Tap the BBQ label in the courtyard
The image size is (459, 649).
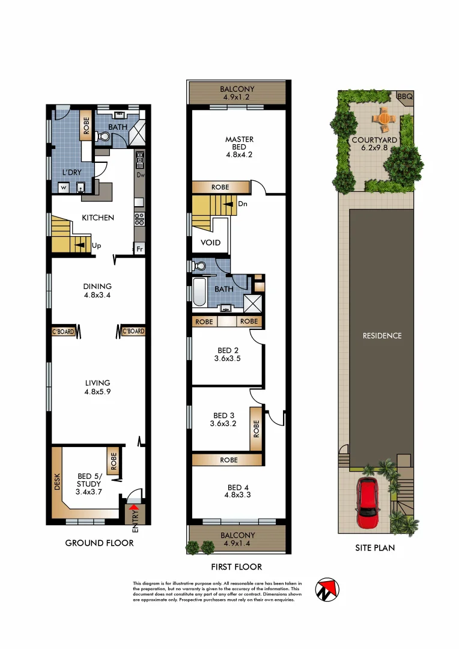[x=403, y=96]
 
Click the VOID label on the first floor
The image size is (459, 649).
[x=210, y=243]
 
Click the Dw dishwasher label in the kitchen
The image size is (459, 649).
[x=140, y=175]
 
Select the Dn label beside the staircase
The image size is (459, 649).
[x=243, y=204]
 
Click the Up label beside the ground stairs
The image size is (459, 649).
[x=96, y=245]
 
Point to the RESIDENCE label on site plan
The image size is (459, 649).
[x=381, y=336]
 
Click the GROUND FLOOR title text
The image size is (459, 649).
[x=99, y=543]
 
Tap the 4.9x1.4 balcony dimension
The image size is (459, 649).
[x=238, y=544]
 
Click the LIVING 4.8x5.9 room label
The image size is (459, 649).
[x=98, y=386]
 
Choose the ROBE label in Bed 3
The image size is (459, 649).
[x=257, y=428]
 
